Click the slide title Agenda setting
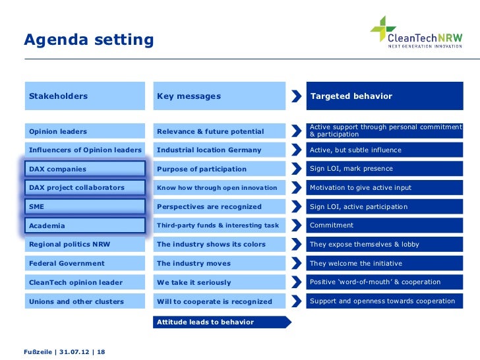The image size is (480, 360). coord(88,40)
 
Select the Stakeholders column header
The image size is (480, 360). coord(84,96)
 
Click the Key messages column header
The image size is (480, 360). coord(218,96)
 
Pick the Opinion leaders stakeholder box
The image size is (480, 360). coord(84,131)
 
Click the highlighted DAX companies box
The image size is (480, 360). coord(84,169)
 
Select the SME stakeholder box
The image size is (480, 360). coord(84,207)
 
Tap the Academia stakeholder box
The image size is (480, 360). coord(84,225)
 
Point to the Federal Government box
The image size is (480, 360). coord(84,263)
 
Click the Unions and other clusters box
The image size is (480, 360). coord(84,301)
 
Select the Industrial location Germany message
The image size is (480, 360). coord(218,150)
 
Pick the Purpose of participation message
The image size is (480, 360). coord(218,169)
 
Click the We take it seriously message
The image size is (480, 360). coord(218,282)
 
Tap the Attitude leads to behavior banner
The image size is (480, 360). coord(221,322)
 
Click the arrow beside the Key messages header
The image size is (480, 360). coord(294,96)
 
